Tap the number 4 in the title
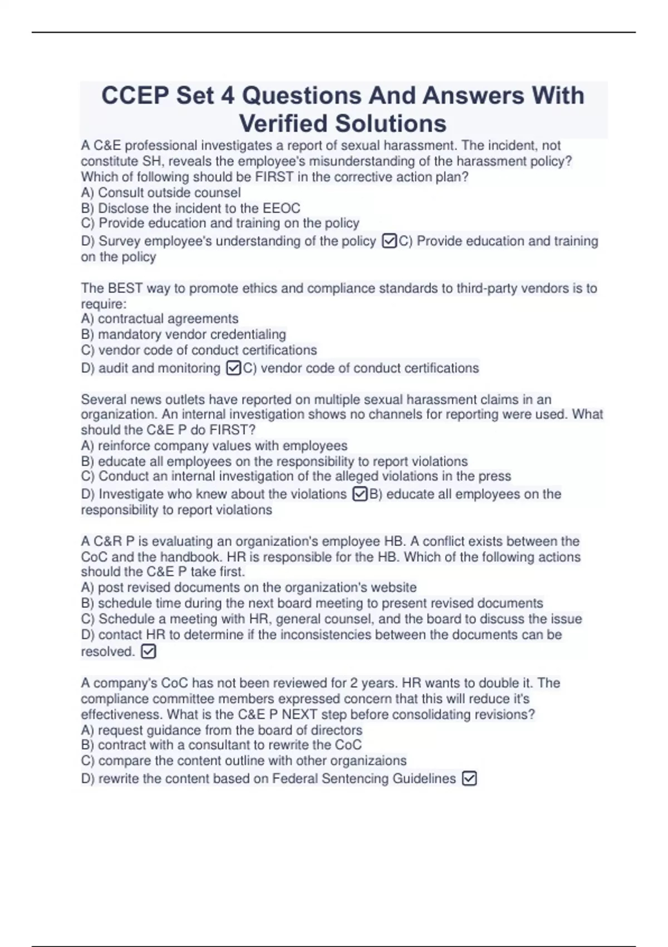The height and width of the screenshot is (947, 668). (x=227, y=95)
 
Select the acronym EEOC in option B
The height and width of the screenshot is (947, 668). (x=281, y=208)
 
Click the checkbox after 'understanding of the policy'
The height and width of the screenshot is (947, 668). (x=389, y=241)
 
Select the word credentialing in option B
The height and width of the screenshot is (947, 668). (x=248, y=334)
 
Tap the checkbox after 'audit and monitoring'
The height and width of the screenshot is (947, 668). (x=234, y=368)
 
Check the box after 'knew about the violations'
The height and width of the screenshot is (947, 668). (x=360, y=494)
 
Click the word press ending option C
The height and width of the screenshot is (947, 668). (x=494, y=476)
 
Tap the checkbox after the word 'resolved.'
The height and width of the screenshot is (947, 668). (x=149, y=651)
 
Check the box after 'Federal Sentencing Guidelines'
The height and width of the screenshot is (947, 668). (x=469, y=778)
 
